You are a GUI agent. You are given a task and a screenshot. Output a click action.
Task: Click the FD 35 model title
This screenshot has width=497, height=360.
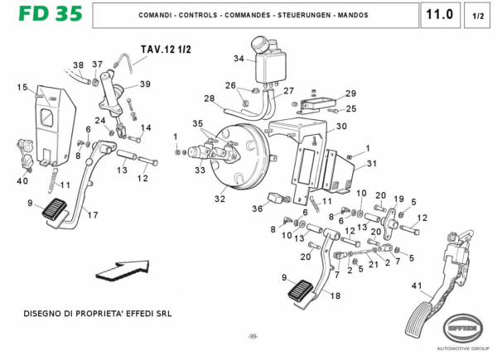tap(41, 15)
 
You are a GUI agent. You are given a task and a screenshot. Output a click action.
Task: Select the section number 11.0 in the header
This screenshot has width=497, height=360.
tap(437, 15)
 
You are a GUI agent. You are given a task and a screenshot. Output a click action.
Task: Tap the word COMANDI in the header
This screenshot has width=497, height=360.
tap(157, 16)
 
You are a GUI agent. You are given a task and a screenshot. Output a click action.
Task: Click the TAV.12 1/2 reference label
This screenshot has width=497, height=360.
tap(166, 50)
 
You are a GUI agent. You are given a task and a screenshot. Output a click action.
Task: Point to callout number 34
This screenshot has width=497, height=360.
tap(239, 59)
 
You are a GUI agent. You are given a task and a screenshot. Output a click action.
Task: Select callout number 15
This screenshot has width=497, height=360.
tap(22, 87)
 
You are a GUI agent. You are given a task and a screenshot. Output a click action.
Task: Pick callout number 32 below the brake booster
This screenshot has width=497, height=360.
tap(220, 199)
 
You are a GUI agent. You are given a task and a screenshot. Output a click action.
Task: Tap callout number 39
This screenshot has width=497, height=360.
tap(145, 84)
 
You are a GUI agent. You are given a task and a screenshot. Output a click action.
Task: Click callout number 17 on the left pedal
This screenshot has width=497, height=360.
tap(93, 215)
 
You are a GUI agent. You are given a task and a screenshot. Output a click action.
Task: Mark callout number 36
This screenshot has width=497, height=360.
tap(258, 209)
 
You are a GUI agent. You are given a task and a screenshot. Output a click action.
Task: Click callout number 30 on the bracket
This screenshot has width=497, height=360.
tap(340, 127)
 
